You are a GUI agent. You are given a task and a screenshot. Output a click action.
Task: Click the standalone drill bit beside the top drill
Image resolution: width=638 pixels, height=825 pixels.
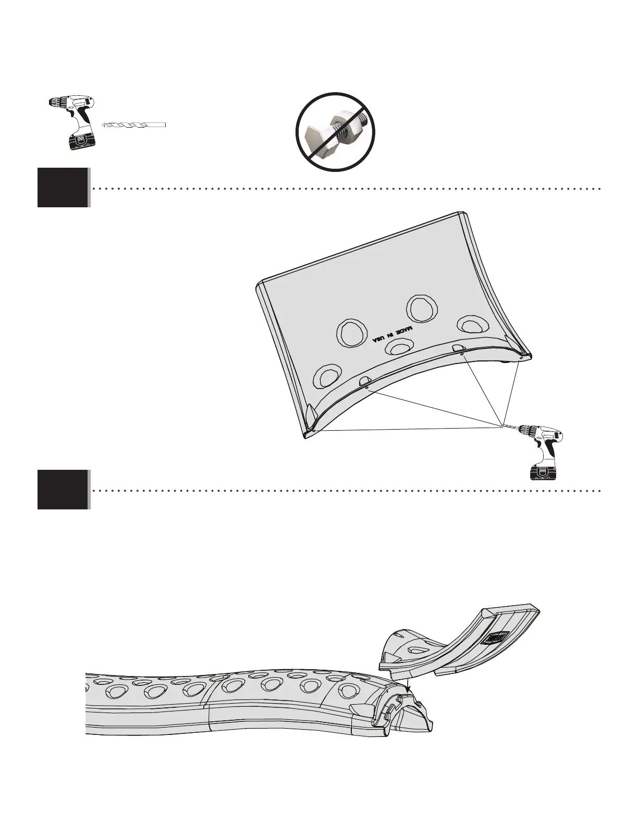click(134, 125)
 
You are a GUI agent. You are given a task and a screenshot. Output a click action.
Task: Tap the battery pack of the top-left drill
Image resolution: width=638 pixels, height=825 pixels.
click(81, 141)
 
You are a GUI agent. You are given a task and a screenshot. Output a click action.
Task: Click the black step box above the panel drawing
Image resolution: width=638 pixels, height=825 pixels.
click(63, 187)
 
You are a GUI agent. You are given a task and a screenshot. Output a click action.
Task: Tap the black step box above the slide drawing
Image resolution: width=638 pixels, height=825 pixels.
click(63, 490)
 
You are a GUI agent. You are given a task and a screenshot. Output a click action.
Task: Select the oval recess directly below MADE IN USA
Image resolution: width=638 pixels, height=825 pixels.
click(400, 346)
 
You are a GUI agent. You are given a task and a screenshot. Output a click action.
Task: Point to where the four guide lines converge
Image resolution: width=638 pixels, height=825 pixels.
click(504, 423)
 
